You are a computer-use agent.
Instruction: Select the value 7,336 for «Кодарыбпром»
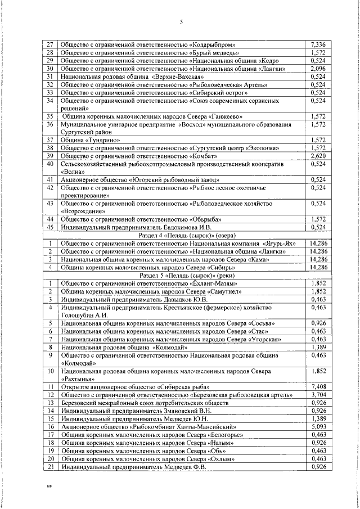click(318, 44)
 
